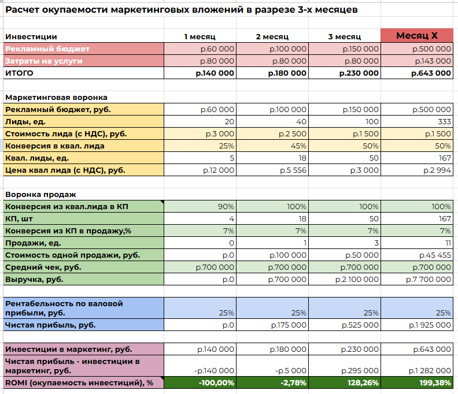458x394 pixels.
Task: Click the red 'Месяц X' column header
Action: click(x=416, y=36)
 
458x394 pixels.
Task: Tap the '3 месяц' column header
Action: click(x=344, y=36)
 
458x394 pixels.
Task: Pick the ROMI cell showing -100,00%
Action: click(x=215, y=382)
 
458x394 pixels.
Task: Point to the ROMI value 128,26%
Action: click(x=361, y=382)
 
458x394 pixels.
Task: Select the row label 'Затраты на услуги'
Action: click(x=44, y=61)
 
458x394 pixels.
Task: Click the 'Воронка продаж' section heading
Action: click(x=40, y=194)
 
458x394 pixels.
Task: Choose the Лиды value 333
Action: click(x=444, y=121)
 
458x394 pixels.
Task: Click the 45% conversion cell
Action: click(x=298, y=146)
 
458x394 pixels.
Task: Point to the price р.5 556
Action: click(x=292, y=170)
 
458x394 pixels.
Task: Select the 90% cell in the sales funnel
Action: click(x=226, y=206)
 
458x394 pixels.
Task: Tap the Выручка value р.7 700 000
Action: click(x=429, y=279)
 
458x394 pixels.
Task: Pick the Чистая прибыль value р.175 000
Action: click(x=289, y=325)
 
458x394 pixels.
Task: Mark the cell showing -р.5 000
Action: click(x=290, y=371)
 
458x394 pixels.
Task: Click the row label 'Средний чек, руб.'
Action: click(x=43, y=267)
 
